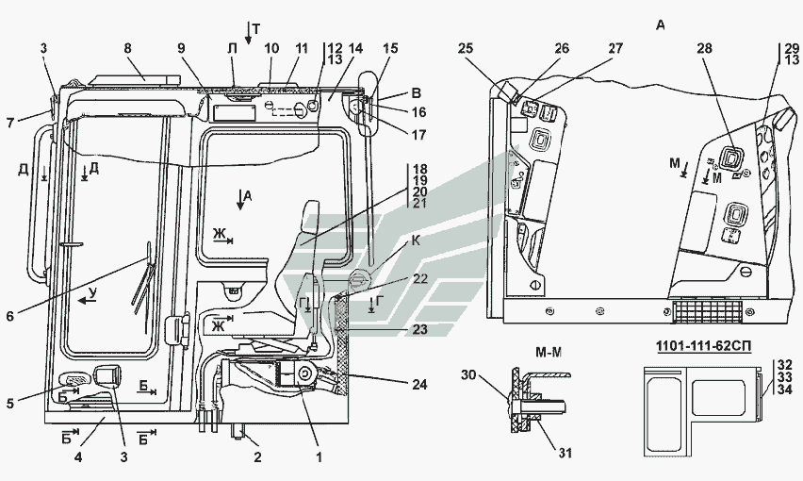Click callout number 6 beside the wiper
point(10,316)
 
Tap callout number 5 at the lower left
point(10,405)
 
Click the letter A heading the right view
point(661,25)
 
